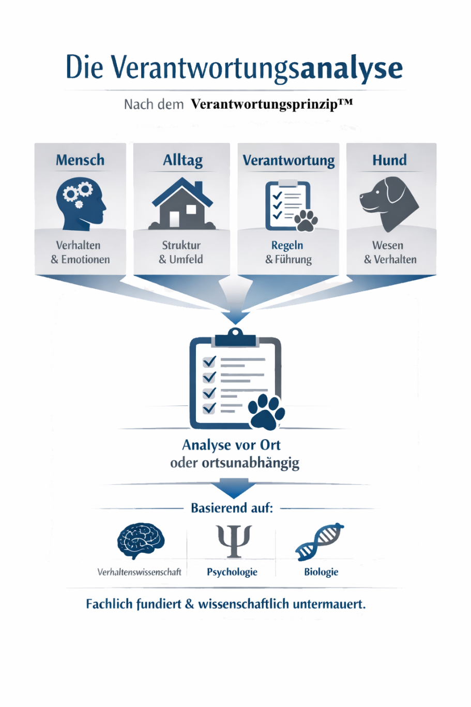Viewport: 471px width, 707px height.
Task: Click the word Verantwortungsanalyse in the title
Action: (256, 68)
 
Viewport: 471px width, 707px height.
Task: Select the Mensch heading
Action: (80, 160)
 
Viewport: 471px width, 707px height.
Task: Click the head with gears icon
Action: (81, 203)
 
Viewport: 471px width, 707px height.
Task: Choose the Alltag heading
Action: (183, 160)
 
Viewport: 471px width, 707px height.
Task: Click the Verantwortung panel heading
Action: (288, 160)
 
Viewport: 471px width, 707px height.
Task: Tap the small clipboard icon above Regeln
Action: (288, 206)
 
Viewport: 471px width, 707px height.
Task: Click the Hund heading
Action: (389, 160)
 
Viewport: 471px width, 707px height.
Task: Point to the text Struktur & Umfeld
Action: (181, 252)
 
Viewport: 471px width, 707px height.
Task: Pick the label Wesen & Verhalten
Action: (390, 252)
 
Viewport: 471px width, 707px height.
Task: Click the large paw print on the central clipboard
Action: (266, 412)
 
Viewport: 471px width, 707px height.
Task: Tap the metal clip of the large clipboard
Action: (235, 337)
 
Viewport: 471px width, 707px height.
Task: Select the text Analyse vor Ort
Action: (231, 445)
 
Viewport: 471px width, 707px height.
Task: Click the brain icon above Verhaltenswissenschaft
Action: (141, 540)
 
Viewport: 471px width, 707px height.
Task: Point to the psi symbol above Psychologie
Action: (234, 541)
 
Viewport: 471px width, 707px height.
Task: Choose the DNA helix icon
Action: (320, 541)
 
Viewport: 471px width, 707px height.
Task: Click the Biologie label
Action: (321, 572)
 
